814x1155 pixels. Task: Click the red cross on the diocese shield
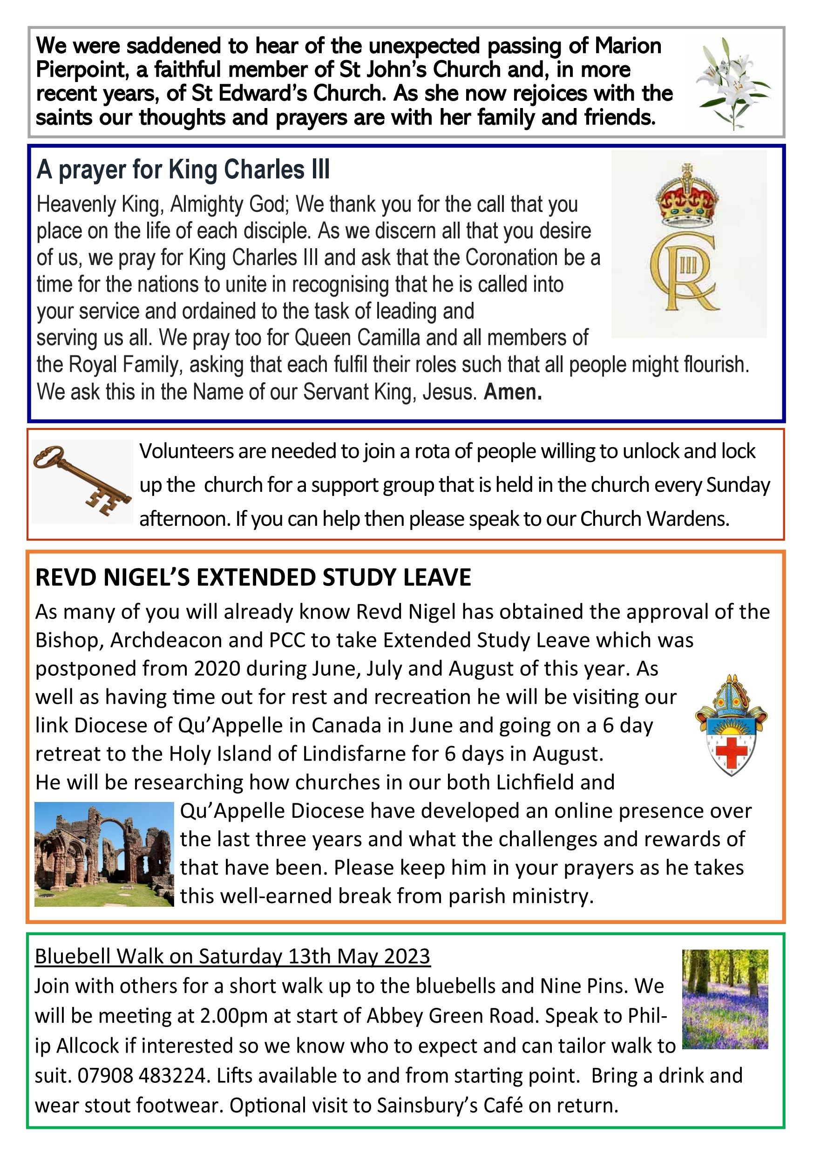(x=731, y=753)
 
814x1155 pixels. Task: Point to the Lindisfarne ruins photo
(x=104, y=854)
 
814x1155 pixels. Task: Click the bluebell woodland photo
(x=725, y=999)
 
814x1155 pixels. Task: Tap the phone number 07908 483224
(x=142, y=1076)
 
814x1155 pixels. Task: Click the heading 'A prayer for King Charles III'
(x=183, y=170)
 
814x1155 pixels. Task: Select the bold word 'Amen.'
(x=513, y=392)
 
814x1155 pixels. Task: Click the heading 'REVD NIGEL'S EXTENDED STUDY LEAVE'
(x=253, y=577)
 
